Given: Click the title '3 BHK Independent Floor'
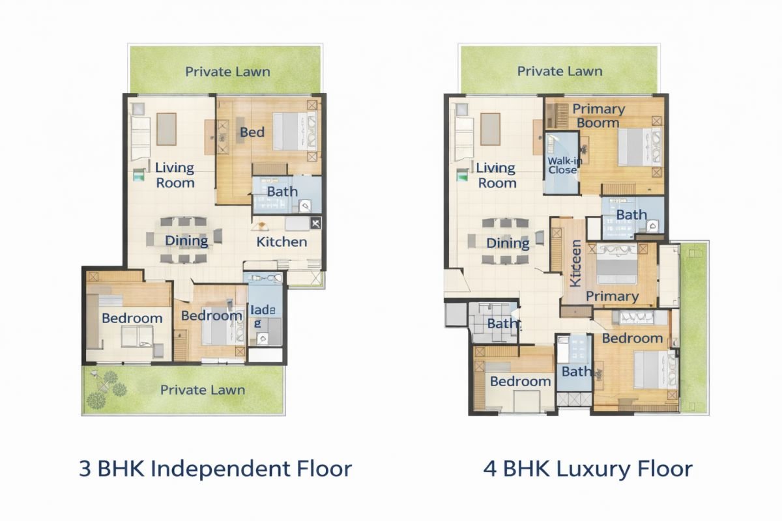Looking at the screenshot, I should [x=216, y=469].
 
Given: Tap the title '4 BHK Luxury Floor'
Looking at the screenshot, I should [x=588, y=469].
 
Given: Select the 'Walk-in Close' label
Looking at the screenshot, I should [x=562, y=165].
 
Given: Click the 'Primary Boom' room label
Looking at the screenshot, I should [x=599, y=116].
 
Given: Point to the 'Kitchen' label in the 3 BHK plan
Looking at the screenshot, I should [x=282, y=242].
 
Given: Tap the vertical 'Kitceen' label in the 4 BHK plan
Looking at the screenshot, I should [x=576, y=263].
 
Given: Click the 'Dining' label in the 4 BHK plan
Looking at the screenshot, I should [x=508, y=243].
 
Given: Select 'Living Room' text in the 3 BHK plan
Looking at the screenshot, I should [x=175, y=175].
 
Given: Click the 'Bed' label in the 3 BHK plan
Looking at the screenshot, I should [x=252, y=132].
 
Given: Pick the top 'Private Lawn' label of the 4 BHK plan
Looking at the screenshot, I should [x=560, y=71].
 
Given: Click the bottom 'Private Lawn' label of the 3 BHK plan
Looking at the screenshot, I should [x=203, y=390].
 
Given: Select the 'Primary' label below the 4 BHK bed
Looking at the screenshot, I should [x=612, y=296].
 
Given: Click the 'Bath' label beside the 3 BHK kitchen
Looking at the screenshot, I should [x=282, y=191].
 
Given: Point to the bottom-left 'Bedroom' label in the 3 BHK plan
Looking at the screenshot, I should [x=132, y=318].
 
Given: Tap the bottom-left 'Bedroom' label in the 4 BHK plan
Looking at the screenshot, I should [x=520, y=381].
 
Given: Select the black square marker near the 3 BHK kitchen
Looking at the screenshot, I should [x=316, y=224].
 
